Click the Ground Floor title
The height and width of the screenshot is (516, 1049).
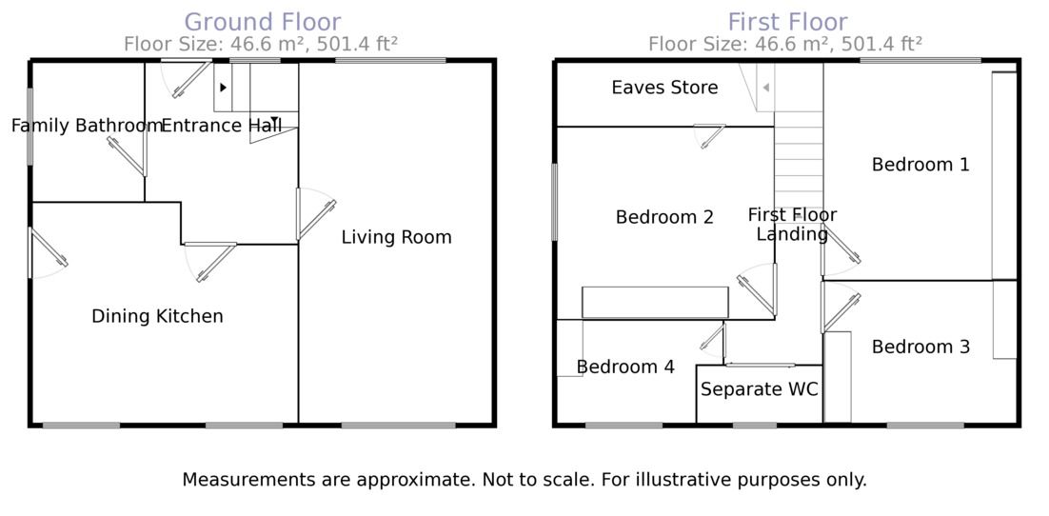[x=262, y=21]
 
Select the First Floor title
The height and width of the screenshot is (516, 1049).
[x=787, y=21]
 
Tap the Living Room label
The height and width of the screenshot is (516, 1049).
[x=396, y=237]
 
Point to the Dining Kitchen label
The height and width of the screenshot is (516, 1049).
[x=157, y=316]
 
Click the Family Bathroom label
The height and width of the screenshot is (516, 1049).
[x=87, y=126]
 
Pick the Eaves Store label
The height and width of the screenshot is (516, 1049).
[x=664, y=88]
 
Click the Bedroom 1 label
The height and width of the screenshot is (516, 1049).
[x=920, y=165]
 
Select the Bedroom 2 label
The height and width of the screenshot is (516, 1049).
[x=664, y=217]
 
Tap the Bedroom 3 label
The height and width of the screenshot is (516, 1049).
[x=920, y=347]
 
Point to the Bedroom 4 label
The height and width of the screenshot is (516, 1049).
[x=625, y=367]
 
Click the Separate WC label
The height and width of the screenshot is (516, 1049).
[x=759, y=389]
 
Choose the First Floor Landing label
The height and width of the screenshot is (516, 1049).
[x=792, y=225]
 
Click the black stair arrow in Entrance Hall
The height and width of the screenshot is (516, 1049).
[x=223, y=88]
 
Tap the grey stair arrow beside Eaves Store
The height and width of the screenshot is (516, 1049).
[x=765, y=88]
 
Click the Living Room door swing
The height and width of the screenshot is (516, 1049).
[x=315, y=213]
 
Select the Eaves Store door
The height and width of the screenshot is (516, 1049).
[x=709, y=136]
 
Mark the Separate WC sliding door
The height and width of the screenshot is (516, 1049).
[x=759, y=365]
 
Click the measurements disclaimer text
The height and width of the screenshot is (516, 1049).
[x=524, y=480]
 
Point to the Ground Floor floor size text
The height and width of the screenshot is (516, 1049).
[x=261, y=44]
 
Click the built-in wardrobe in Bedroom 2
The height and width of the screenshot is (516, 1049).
[x=655, y=303]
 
